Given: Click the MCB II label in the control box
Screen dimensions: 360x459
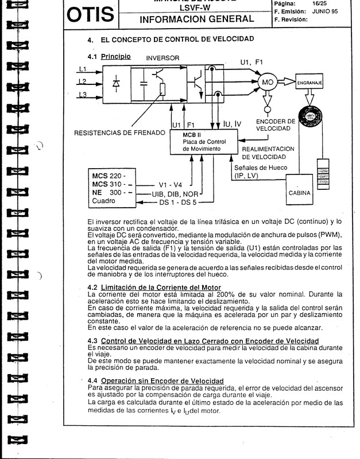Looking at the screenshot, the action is pos(184,134).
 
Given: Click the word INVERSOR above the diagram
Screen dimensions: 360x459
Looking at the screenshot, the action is pos(164,59).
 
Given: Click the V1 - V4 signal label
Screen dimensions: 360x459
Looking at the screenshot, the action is pos(172,185).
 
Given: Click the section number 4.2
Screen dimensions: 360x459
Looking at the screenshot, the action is pos(92,287).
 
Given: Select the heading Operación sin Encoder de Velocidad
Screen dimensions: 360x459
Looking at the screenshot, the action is pos(162,381).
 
